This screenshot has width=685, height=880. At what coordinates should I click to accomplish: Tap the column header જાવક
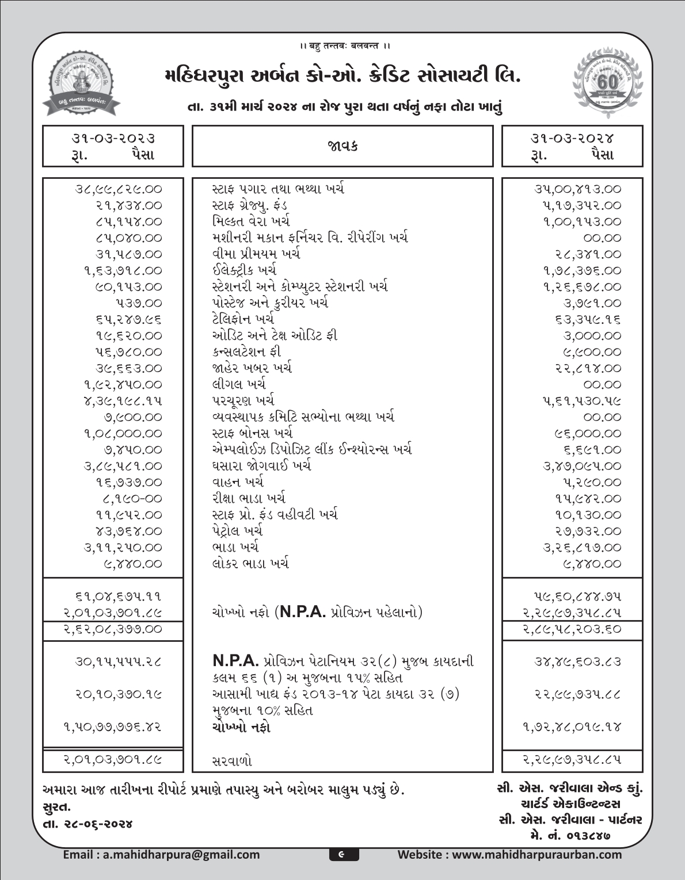click(342, 146)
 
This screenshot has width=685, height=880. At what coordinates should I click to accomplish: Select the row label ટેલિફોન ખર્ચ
click(242, 319)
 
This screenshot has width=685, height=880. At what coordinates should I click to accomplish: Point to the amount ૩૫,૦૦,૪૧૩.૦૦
click(577, 189)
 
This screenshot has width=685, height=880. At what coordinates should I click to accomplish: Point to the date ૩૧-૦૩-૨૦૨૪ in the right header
click(572, 138)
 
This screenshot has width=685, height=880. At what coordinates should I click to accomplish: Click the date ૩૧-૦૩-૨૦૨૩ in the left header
click(113, 138)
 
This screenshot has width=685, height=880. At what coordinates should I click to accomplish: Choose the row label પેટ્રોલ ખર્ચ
click(237, 531)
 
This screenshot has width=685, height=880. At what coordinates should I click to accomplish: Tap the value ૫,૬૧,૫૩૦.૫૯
click(581, 401)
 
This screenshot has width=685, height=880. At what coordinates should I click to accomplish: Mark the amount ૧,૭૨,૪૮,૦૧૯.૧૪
click(572, 727)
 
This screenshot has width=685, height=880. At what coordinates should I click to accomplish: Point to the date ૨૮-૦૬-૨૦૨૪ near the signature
click(94, 824)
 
